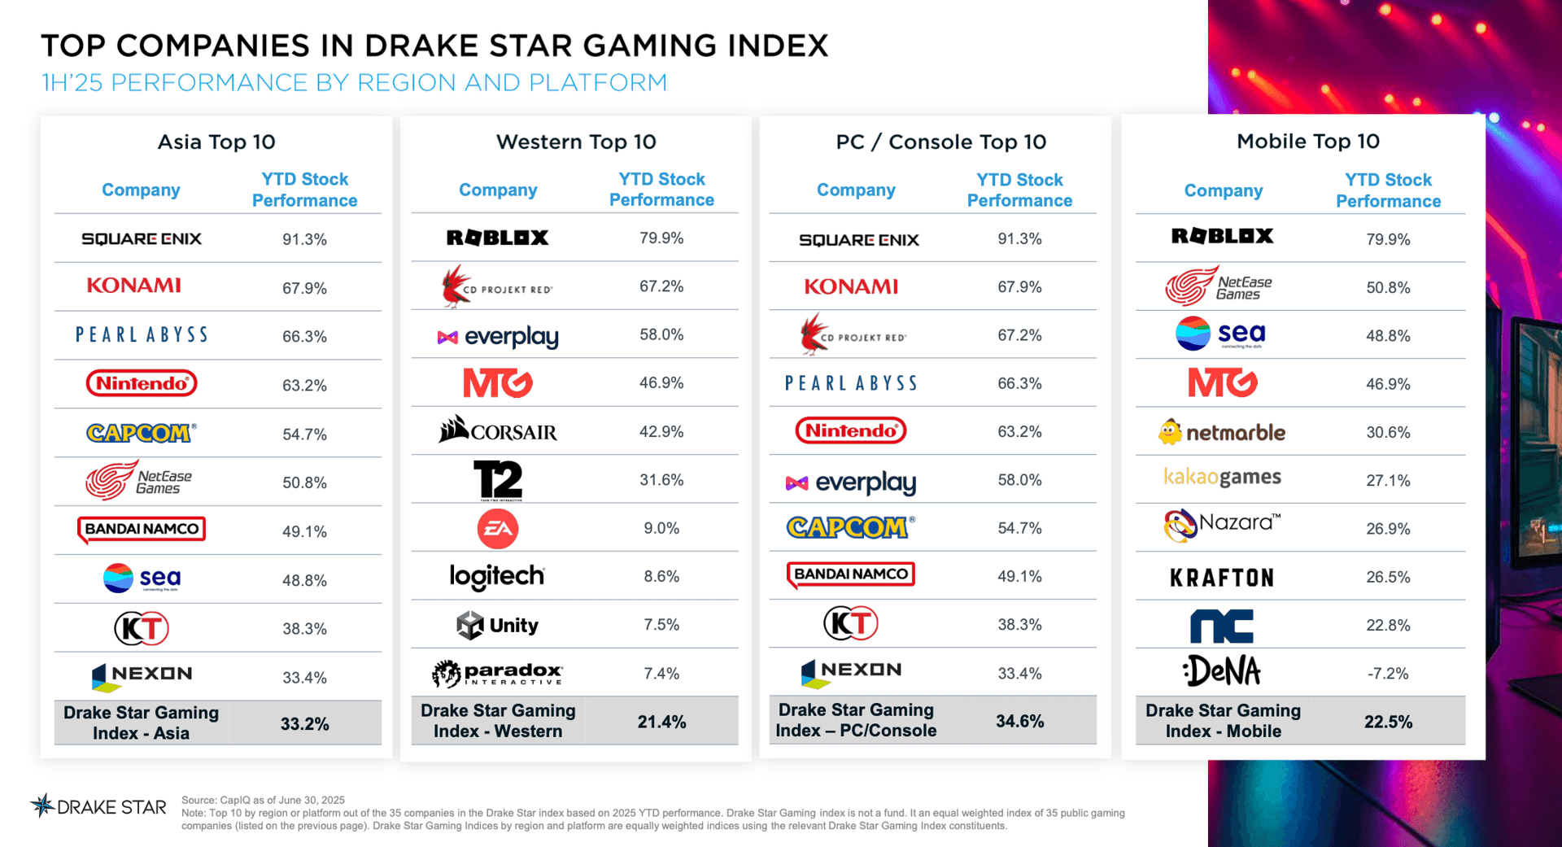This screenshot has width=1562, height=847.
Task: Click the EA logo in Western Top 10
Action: tap(497, 529)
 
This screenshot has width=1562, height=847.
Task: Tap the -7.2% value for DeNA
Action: tap(1387, 674)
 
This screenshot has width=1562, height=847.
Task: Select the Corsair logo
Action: tap(497, 430)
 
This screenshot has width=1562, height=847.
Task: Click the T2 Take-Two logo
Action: tap(497, 480)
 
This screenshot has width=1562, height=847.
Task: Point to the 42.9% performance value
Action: tap(661, 432)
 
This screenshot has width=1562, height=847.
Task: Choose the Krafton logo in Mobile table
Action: tap(1221, 578)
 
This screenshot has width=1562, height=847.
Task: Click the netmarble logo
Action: tap(1221, 432)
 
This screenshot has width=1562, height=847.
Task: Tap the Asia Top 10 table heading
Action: tap(216, 142)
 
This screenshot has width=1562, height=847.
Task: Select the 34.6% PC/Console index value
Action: tap(1019, 722)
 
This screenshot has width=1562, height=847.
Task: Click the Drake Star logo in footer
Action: tap(98, 807)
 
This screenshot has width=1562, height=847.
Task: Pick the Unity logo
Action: tap(497, 626)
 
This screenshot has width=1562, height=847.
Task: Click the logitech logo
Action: tap(497, 577)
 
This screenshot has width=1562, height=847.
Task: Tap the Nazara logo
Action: tap(1221, 526)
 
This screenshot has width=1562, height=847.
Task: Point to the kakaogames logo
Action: tap(1221, 478)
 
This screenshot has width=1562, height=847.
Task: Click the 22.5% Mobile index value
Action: tap(1387, 723)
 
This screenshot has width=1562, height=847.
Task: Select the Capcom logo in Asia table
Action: tap(142, 433)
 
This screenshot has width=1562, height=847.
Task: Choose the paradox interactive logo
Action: tap(497, 674)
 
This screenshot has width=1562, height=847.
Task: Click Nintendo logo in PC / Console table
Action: tap(850, 430)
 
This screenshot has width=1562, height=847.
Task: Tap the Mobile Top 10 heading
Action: tap(1307, 142)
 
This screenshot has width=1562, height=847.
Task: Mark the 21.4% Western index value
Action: tap(661, 723)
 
